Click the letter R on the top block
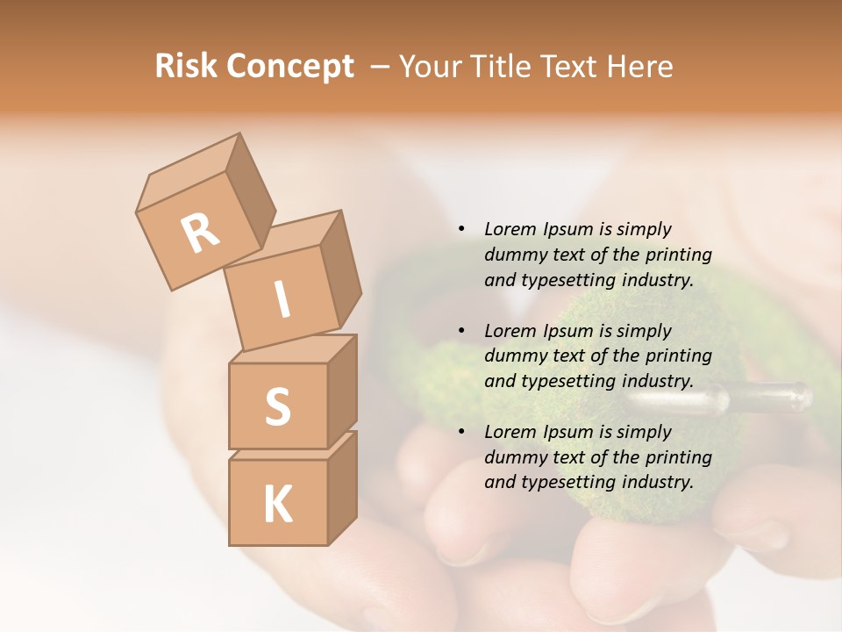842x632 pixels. coord(201,233)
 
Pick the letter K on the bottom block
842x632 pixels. coord(277,504)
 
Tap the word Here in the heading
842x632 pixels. coord(639,67)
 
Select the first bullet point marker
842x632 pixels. coord(461,230)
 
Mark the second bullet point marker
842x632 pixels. coord(461,331)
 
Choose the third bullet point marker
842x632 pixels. coord(461,432)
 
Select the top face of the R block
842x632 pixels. coord(187,170)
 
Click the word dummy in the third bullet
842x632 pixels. coord(513,457)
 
